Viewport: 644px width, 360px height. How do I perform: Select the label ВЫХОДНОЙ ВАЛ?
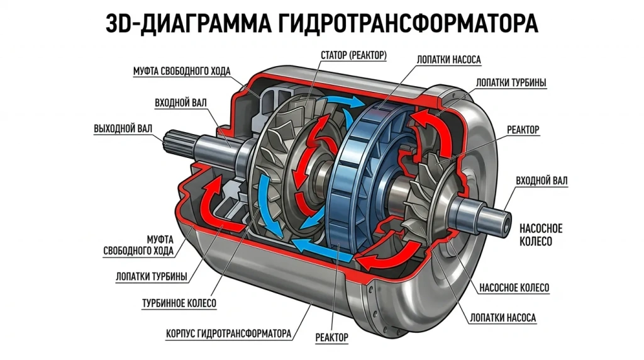pos(123,128)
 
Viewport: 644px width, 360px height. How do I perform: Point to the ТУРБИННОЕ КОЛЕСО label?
pos(179,303)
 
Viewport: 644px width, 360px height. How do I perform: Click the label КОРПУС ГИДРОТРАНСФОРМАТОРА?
pos(228,334)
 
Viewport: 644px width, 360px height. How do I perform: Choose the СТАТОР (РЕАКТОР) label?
pos(353,55)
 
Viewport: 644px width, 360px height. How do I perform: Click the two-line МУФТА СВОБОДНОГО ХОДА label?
pos(138,245)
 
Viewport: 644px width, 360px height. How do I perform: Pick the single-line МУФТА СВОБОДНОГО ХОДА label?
pos(182,71)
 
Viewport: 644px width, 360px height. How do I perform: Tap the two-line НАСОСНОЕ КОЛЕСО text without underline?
pos(541,235)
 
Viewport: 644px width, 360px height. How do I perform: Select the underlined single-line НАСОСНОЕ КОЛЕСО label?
pos(514,287)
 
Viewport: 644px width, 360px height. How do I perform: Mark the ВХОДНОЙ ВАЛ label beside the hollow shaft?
pos(541,181)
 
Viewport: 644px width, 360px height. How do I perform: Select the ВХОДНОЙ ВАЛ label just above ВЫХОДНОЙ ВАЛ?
pos(180,103)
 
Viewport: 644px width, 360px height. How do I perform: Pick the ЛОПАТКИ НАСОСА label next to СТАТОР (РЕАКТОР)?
pos(448,60)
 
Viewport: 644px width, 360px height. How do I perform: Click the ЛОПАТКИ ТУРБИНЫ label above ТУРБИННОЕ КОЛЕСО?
pos(152,276)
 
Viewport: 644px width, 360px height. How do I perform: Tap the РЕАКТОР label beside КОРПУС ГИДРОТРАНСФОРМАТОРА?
pos(332,337)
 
